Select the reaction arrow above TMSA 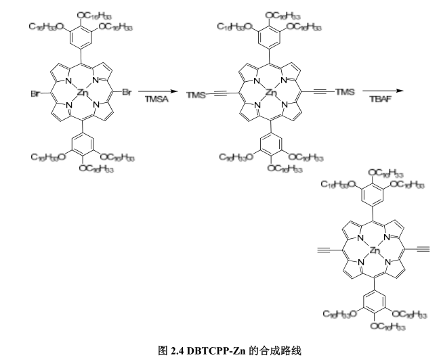(x=155, y=91)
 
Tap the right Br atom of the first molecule (x=127, y=91)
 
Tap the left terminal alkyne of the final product (x=324, y=250)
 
